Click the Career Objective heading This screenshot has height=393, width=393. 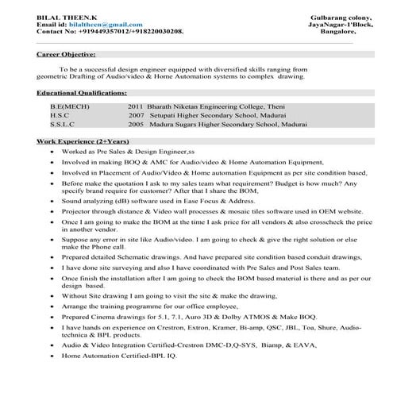[66, 55]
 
